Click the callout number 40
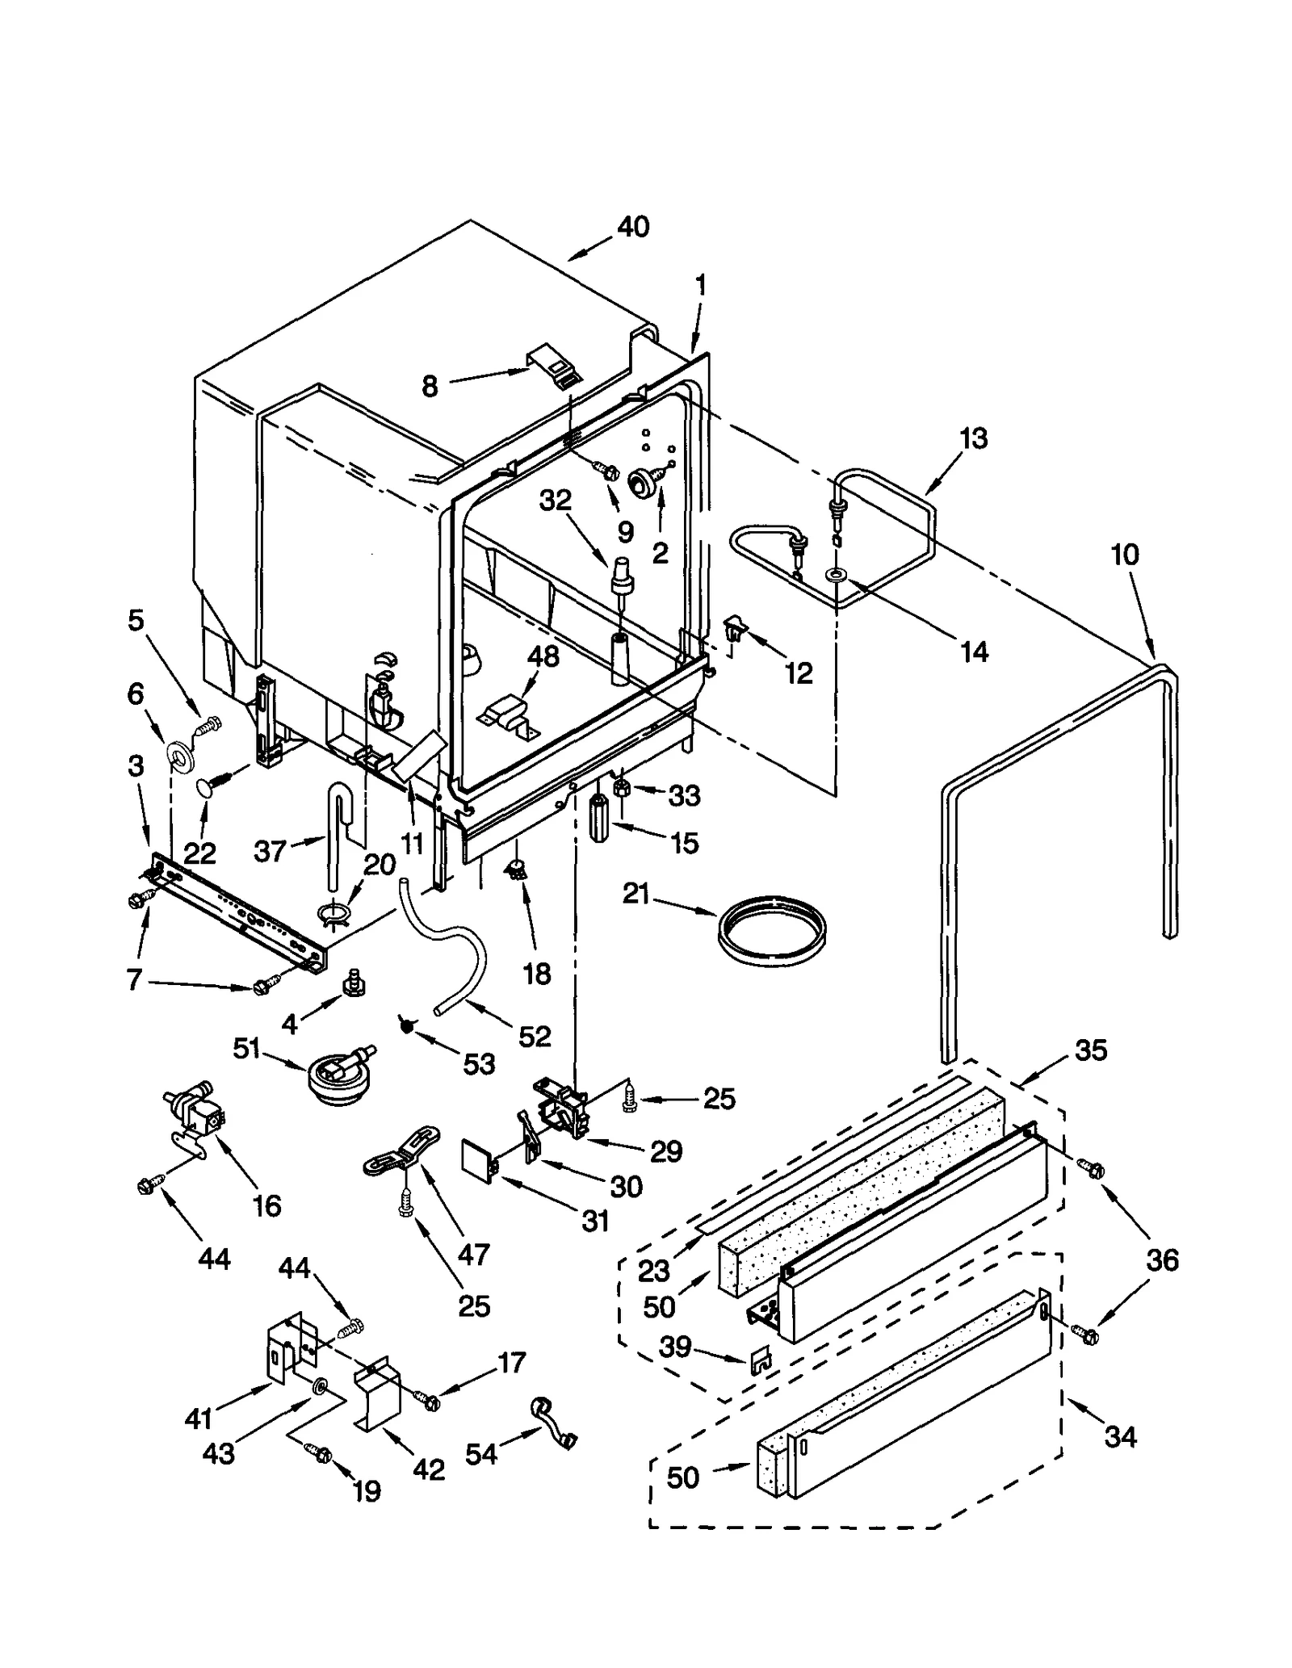[x=633, y=227]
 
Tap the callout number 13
[x=973, y=439]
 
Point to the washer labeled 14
[x=834, y=575]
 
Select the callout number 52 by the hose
[x=535, y=1036]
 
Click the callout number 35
[x=1090, y=1050]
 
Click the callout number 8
[x=430, y=387]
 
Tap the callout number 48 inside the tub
[x=543, y=656]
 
